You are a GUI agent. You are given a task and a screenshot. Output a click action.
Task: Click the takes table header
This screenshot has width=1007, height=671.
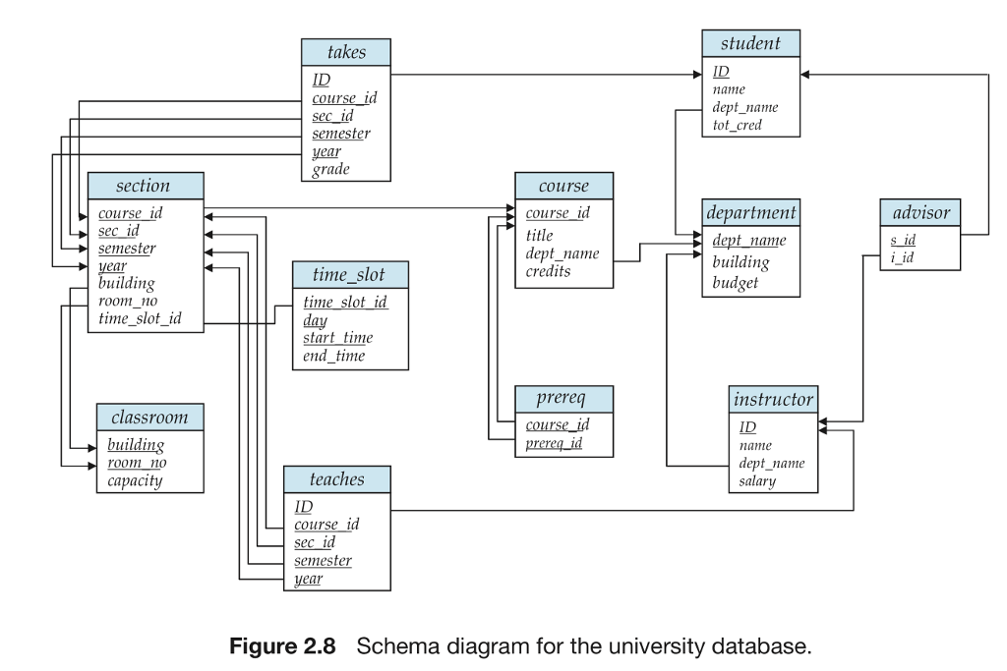[345, 53]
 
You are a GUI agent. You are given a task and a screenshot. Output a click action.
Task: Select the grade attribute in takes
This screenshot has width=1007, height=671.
[330, 170]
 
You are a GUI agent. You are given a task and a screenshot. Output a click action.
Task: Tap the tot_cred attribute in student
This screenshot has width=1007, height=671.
[737, 125]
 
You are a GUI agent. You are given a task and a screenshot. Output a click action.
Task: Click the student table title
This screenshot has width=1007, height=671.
[750, 43]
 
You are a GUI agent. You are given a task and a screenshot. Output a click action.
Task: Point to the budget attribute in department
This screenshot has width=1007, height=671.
[736, 283]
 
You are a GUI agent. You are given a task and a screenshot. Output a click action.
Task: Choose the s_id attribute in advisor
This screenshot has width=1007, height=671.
[903, 240]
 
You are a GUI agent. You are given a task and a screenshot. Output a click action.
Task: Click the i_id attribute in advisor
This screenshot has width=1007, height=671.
[902, 257]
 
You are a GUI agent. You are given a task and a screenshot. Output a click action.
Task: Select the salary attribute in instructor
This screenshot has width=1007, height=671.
[757, 480]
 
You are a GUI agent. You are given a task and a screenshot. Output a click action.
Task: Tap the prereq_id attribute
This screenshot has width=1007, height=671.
[554, 443]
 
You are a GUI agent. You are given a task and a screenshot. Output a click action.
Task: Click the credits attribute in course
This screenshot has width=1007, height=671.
[548, 271]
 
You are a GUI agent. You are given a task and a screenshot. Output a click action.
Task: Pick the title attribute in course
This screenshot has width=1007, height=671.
[539, 235]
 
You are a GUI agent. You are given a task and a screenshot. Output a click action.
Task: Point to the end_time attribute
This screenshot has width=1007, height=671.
[333, 356]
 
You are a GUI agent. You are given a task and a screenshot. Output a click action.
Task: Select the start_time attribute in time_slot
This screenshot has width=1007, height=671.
[337, 338]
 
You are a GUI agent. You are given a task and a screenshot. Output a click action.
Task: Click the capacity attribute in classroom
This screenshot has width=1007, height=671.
[135, 480]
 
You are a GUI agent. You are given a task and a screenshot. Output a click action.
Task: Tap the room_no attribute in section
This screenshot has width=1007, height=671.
[128, 302]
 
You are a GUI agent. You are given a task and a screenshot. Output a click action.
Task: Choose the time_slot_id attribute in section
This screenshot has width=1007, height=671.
[140, 319]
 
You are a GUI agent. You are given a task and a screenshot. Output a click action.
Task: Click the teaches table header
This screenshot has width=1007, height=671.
[336, 479]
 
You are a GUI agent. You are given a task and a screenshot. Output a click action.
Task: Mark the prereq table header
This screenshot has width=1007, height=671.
[563, 399]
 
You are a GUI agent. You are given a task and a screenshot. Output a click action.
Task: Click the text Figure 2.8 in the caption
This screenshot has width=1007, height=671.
[282, 647]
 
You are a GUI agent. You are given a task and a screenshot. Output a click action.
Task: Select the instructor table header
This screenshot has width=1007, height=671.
[773, 399]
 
